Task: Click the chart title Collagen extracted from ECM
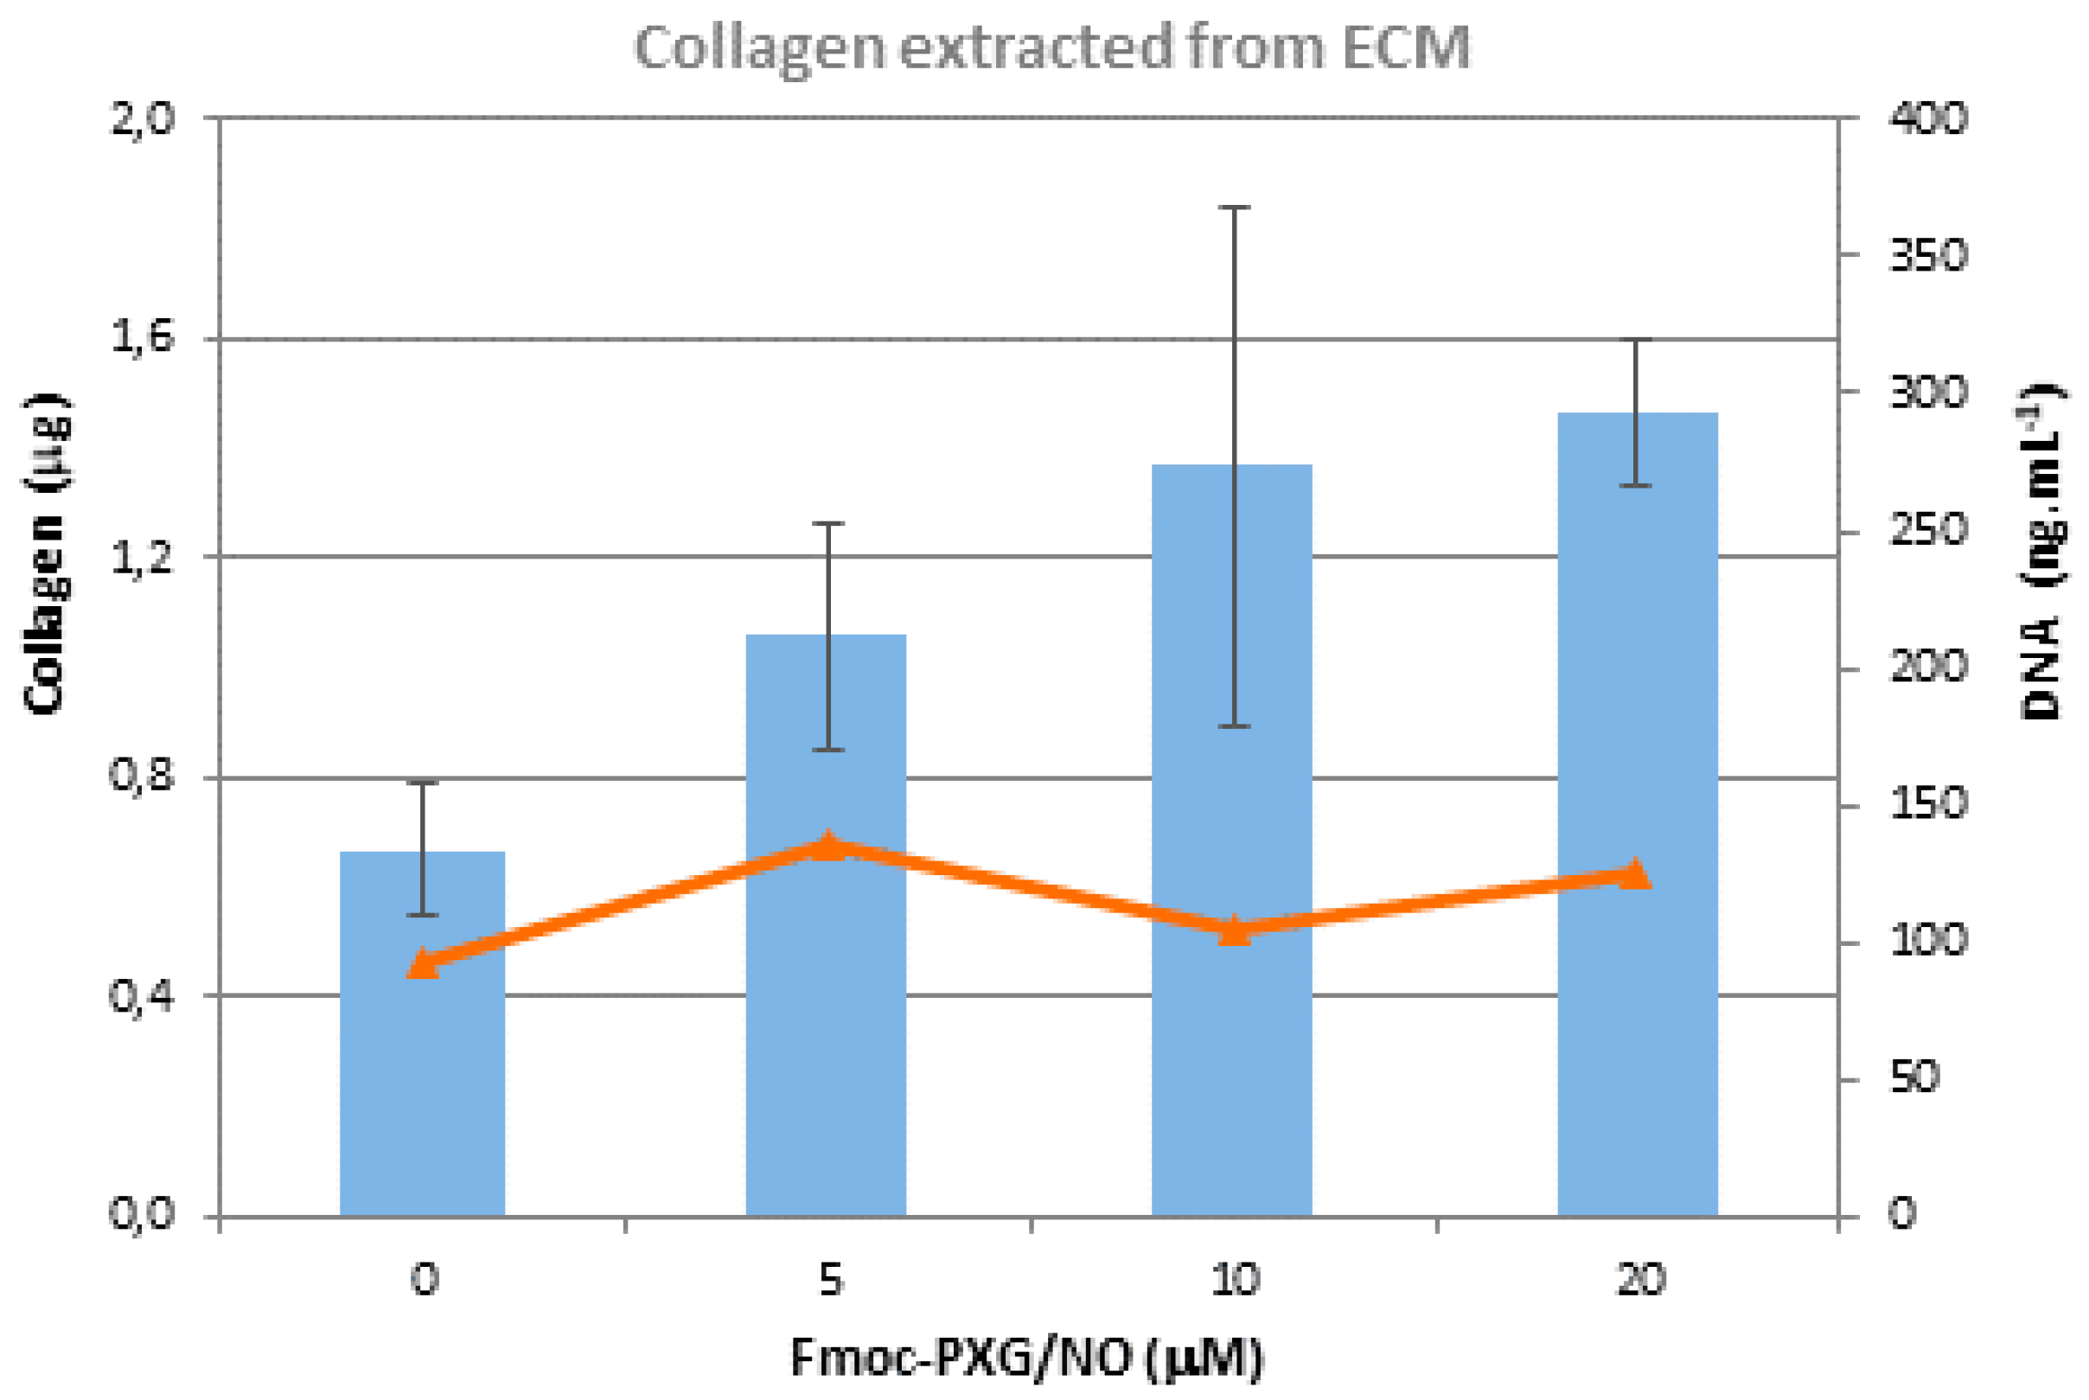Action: click(1051, 48)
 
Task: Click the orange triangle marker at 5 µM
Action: click(828, 845)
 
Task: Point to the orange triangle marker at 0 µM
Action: click(422, 965)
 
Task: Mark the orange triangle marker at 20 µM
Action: click(1636, 874)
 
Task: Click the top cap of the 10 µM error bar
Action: click(1234, 208)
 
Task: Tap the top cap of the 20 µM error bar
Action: click(1636, 339)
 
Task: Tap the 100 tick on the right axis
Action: click(1928, 941)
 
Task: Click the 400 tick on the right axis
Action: click(1928, 118)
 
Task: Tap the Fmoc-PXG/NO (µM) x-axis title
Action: click(1026, 1358)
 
